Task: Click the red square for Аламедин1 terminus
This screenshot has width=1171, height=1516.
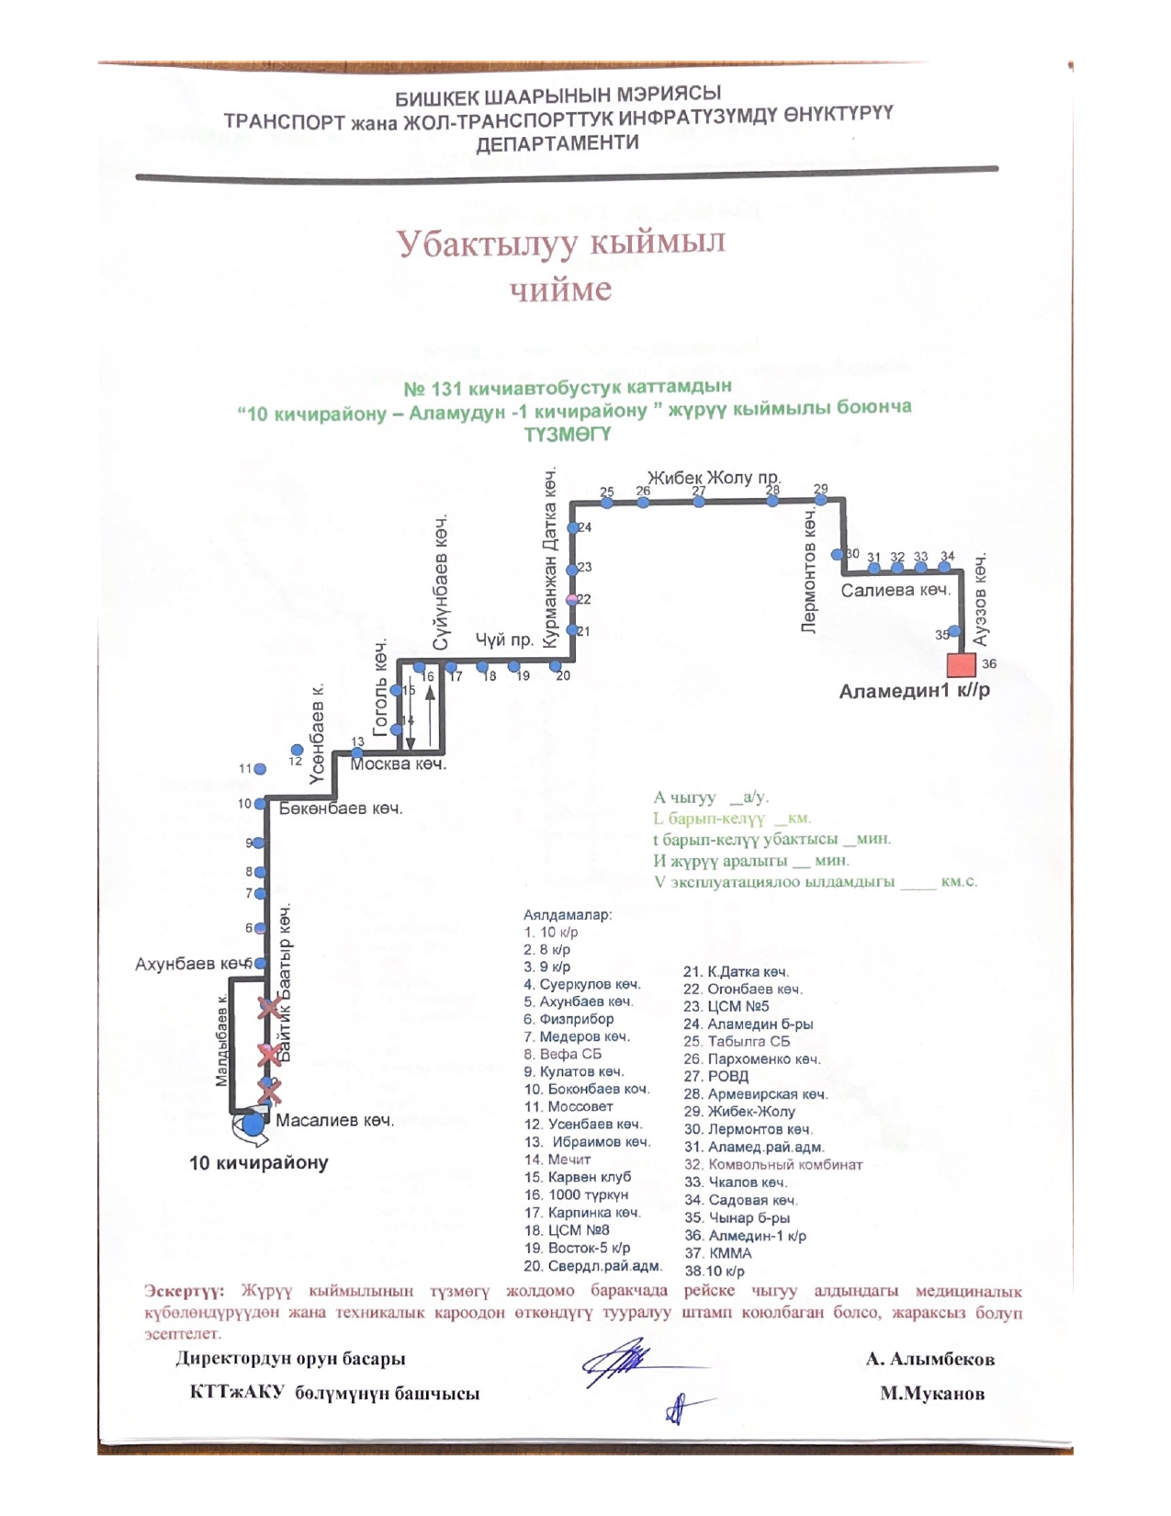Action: point(962,664)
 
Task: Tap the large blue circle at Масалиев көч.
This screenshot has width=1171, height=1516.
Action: point(253,1123)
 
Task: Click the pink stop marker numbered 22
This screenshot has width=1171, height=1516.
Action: point(572,599)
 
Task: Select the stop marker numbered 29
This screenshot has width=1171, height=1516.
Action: point(821,500)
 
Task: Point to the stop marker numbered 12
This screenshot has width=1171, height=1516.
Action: point(297,750)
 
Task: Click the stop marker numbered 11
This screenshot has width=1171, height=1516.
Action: point(260,769)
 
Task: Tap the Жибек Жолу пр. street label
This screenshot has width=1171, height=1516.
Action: point(714,478)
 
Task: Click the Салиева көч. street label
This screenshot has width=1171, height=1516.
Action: point(895,590)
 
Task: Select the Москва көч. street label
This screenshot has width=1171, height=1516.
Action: point(399,764)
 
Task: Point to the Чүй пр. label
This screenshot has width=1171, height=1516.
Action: point(504,639)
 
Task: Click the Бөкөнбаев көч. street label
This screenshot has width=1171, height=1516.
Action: point(341,809)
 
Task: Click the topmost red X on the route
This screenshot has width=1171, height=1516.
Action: point(269,1008)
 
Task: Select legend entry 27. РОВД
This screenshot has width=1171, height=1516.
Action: point(716,1076)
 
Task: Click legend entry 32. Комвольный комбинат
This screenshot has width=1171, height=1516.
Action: point(773,1164)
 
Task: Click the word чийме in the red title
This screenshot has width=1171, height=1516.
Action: point(560,288)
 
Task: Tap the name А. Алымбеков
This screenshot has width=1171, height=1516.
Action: point(929,1359)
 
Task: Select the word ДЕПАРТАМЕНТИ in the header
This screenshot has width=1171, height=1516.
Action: point(557,143)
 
